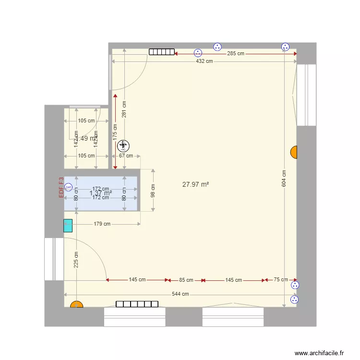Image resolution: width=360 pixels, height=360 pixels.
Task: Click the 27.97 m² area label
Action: (195, 184)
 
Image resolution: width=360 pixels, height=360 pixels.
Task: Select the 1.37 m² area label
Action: (101, 193)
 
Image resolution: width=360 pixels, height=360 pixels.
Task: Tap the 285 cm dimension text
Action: (235, 54)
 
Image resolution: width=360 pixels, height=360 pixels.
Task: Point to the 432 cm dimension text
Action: (204, 61)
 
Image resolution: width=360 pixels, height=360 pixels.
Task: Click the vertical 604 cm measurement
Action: (284, 179)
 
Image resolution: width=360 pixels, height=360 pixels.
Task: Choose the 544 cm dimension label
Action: (180, 294)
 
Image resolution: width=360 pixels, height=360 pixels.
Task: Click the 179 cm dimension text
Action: (102, 224)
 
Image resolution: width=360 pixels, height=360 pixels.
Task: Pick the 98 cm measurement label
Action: (154, 191)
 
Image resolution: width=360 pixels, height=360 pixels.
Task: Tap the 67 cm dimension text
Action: (126, 156)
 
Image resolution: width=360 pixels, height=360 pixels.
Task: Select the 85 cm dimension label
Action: (186, 280)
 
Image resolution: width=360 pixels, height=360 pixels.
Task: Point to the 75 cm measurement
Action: (281, 280)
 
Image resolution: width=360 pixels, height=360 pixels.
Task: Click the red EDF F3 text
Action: (61, 187)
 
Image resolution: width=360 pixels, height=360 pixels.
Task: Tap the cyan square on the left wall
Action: (68, 226)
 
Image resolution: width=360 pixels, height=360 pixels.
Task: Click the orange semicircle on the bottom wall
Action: (76, 304)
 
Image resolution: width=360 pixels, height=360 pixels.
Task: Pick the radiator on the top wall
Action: (161, 52)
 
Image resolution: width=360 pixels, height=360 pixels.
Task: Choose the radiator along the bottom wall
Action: (137, 304)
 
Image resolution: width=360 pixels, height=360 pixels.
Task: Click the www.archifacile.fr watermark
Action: (319, 353)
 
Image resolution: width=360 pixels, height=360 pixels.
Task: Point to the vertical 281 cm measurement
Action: (124, 109)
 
